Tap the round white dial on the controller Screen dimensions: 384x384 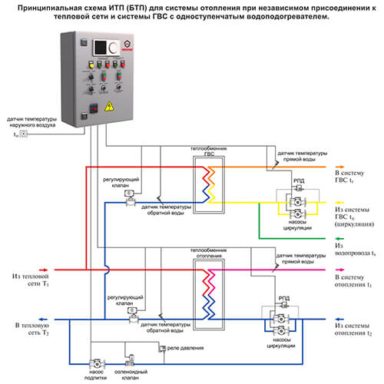click(113, 48)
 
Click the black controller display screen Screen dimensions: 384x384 click(99, 48)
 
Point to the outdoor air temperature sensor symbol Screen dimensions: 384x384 click(24, 134)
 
